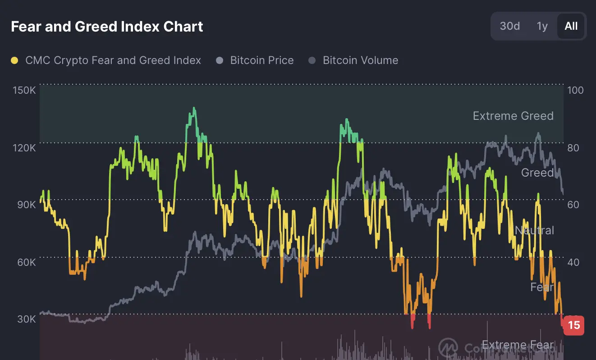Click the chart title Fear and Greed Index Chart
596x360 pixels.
tap(107, 27)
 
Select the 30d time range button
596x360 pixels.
tap(509, 26)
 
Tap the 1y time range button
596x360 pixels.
tap(542, 26)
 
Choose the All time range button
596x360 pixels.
tap(571, 26)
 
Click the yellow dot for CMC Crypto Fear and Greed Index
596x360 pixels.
tap(14, 60)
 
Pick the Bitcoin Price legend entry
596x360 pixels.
tap(261, 60)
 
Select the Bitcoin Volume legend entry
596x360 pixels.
tap(360, 60)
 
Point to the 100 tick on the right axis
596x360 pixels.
tap(575, 90)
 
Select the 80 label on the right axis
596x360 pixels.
tap(573, 148)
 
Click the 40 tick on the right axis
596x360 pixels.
tap(573, 262)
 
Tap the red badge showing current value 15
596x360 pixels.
tap(574, 325)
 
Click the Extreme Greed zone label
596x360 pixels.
tap(513, 116)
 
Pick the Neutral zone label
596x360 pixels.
tap(534, 230)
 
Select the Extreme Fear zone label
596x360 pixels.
tap(518, 345)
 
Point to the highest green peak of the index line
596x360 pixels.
tap(194, 108)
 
